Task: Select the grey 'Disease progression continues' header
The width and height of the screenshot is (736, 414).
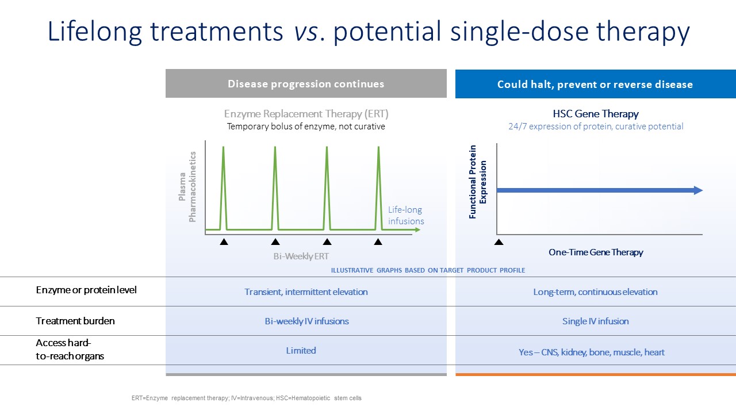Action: click(x=306, y=83)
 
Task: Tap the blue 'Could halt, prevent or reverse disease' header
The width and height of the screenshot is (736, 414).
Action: click(x=595, y=84)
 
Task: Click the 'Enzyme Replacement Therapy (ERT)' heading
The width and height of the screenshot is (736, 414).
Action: click(x=306, y=114)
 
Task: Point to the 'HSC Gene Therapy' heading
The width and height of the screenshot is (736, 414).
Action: click(x=595, y=114)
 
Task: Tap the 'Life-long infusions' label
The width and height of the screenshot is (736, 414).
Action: click(x=406, y=215)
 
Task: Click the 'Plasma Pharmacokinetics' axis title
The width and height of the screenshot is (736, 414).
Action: click(x=187, y=187)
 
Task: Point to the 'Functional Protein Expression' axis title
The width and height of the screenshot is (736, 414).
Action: click(x=477, y=182)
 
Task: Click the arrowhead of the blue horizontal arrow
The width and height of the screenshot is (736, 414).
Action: click(x=698, y=190)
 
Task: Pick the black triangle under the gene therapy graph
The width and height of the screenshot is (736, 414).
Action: click(x=499, y=242)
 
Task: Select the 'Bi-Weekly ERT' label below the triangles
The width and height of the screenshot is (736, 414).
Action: click(x=301, y=256)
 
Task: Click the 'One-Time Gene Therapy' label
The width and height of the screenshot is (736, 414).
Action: click(x=596, y=252)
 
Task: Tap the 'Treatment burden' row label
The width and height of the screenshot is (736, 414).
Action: click(x=75, y=321)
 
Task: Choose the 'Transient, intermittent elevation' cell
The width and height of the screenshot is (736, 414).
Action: click(x=306, y=292)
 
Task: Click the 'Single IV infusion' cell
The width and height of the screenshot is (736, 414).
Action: click(x=595, y=321)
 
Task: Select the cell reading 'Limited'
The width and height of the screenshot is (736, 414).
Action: click(x=301, y=351)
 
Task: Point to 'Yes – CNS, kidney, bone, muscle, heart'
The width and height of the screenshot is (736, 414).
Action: click(x=592, y=352)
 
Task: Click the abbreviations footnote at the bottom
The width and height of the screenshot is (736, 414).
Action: click(x=247, y=398)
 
